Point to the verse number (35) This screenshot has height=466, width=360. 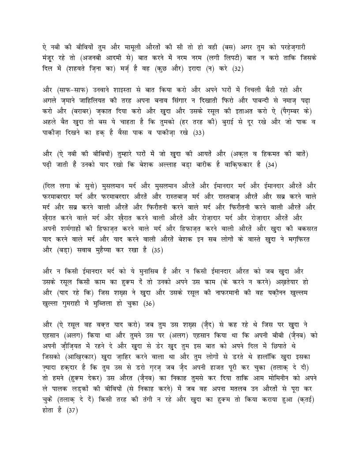[x=157, y=251]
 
